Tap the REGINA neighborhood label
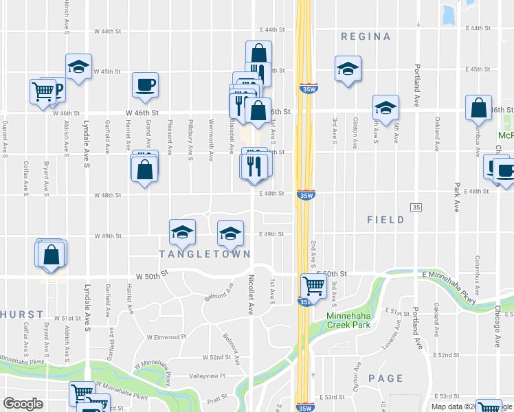[366, 36]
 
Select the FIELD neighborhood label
[385, 220]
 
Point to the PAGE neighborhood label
[385, 378]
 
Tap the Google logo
[23, 403]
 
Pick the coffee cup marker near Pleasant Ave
[146, 85]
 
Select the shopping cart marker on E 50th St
[313, 284]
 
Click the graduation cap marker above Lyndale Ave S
[79, 67]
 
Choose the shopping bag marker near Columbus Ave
[478, 108]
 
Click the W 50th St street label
[152, 276]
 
